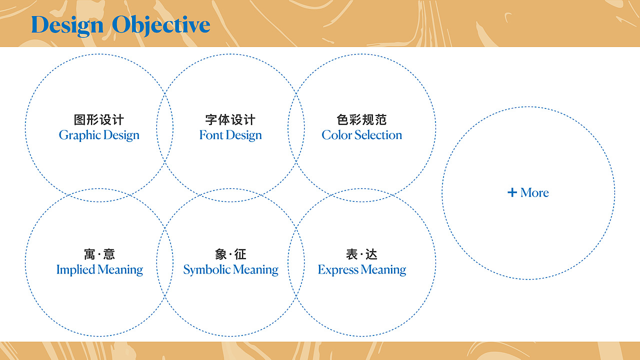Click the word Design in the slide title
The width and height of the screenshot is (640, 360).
(x=67, y=25)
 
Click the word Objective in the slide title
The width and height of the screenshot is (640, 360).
(x=161, y=25)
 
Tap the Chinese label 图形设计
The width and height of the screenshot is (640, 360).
(x=99, y=119)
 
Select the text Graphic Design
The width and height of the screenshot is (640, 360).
(x=99, y=135)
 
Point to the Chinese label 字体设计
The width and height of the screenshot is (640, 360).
(x=230, y=119)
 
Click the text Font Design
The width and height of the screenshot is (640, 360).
(x=230, y=135)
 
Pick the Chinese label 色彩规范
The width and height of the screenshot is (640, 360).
(x=361, y=119)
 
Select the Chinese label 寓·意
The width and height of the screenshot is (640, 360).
(x=99, y=254)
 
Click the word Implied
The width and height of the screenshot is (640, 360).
(x=75, y=270)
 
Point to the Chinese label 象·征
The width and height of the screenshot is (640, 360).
(x=230, y=254)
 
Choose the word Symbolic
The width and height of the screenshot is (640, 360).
(x=207, y=270)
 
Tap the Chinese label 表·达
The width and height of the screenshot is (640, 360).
(x=361, y=254)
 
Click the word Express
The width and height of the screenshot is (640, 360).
(x=338, y=270)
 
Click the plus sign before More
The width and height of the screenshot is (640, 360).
(x=512, y=192)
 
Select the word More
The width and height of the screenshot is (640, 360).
(x=534, y=192)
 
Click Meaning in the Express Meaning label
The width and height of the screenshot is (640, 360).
(x=383, y=270)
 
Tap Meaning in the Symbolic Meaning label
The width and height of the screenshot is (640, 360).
(x=255, y=270)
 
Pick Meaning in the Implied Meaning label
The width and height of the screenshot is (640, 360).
(x=120, y=270)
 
